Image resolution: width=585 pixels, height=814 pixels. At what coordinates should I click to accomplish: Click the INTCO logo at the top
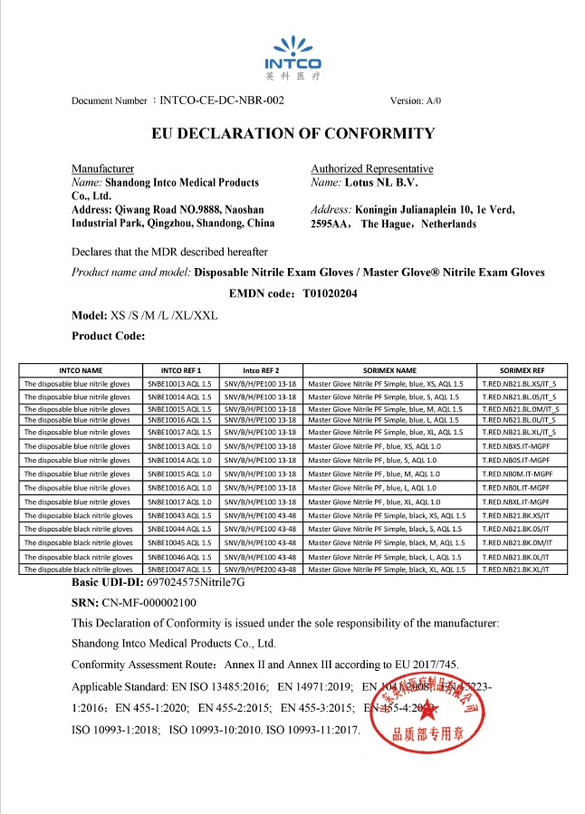point(292,53)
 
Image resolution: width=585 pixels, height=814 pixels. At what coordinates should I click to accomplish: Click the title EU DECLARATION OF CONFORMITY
point(292,134)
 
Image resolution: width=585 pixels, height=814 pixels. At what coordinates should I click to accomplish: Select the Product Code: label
point(108,336)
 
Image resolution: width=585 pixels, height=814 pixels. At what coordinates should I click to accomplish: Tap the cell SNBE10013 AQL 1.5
point(179,384)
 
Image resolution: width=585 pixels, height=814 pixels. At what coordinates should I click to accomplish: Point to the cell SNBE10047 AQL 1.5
point(179,570)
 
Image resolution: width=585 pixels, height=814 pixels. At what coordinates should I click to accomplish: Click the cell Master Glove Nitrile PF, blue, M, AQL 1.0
point(374,474)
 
